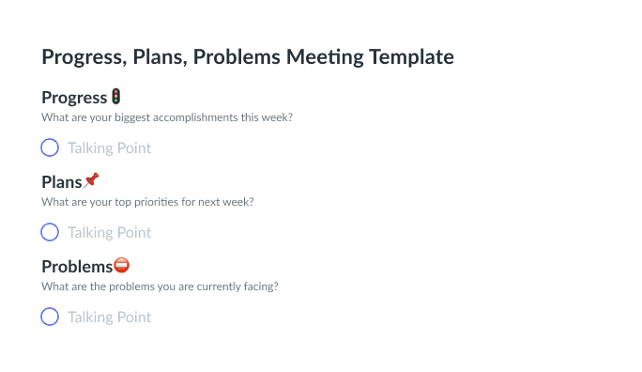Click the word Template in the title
[x=411, y=57]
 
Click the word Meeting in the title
[x=325, y=57]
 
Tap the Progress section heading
[x=74, y=98]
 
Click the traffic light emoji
[x=116, y=97]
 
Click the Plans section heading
[x=62, y=182]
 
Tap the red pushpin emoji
[x=91, y=179]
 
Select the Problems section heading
[x=77, y=267]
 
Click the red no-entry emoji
[x=122, y=266]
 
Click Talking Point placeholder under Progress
[x=109, y=147]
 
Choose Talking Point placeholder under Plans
[x=109, y=232]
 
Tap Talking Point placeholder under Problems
[x=109, y=318]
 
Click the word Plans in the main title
[x=160, y=57]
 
